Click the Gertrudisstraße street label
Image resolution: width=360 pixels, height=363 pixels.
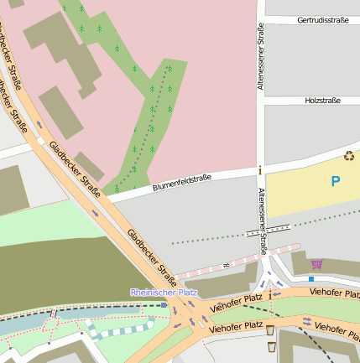pyautogui.click(x=323, y=19)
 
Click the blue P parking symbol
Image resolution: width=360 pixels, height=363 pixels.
pyautogui.click(x=336, y=181)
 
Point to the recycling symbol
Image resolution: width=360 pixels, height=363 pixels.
pyautogui.click(x=349, y=155)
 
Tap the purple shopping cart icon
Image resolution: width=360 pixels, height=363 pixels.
pyautogui.click(x=316, y=264)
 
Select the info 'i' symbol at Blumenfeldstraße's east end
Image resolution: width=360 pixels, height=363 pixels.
pyautogui.click(x=260, y=170)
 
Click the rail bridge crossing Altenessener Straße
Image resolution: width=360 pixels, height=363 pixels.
pyautogui.click(x=268, y=226)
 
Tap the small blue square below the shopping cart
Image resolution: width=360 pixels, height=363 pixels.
pyautogui.click(x=311, y=278)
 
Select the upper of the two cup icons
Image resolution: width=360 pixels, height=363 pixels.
pyautogui.click(x=270, y=330)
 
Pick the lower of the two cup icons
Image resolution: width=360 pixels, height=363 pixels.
pyautogui.click(x=270, y=345)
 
